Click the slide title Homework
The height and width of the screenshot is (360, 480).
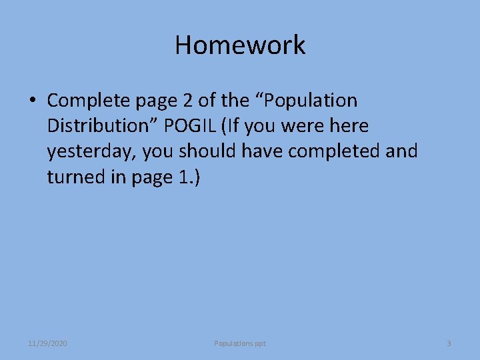[240, 45]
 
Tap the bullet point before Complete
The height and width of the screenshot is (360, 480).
[32, 101]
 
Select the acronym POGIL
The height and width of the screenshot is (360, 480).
[203, 126]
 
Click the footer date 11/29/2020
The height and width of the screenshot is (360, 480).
[47, 343]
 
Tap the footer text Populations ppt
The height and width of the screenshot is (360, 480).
[240, 343]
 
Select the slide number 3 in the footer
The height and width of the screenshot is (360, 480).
[449, 343]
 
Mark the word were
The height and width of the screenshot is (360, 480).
[308, 126]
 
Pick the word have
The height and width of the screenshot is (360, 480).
[263, 151]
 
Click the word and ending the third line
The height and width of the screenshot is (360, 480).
[402, 151]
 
